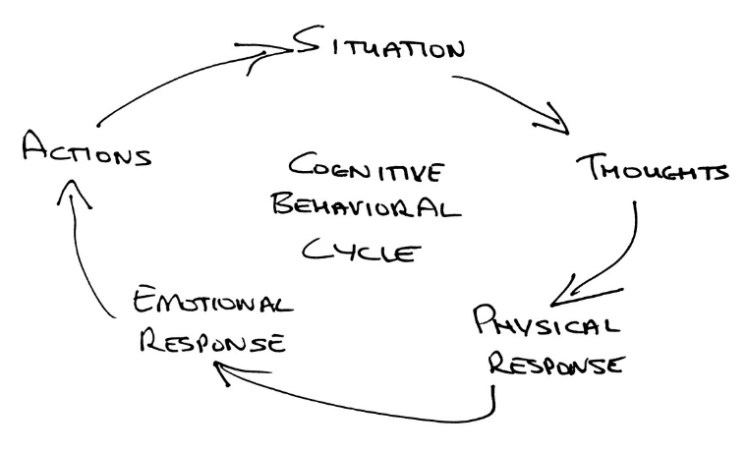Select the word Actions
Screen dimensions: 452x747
(87, 152)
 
